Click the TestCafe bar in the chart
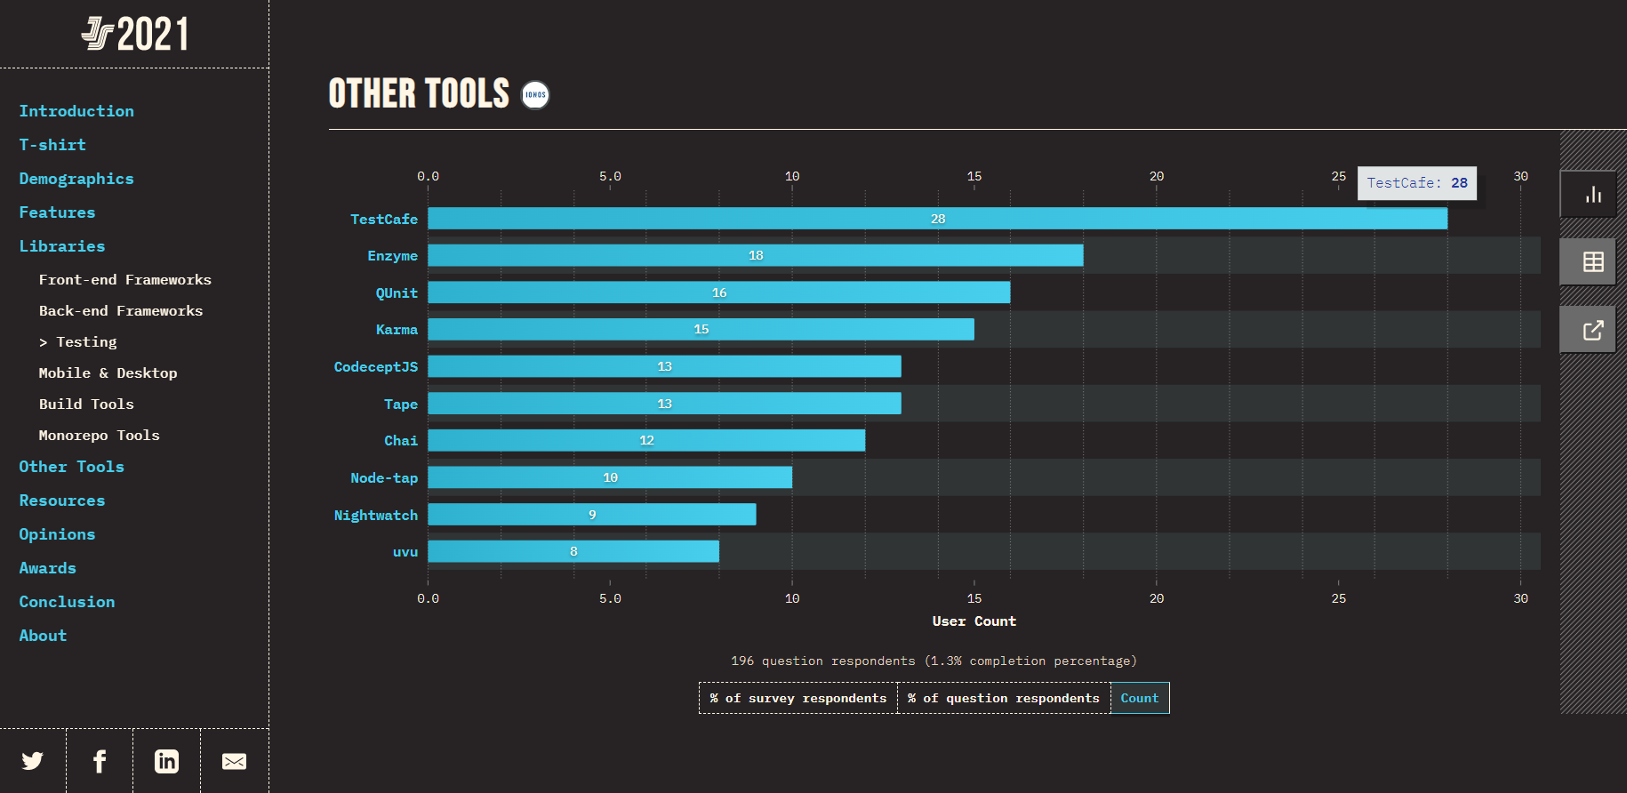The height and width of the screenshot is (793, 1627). point(937,219)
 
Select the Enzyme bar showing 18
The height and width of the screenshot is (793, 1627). point(755,255)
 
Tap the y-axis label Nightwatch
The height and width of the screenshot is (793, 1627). point(375,516)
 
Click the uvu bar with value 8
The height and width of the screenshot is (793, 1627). point(573,551)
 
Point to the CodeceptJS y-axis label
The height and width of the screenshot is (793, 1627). point(375,367)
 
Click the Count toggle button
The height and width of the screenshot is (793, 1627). point(1139,698)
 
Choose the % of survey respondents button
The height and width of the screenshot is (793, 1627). point(797,698)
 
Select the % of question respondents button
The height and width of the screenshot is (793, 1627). point(1003,698)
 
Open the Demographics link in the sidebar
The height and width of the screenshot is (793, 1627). point(76,179)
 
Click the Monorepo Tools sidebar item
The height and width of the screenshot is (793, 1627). point(99,436)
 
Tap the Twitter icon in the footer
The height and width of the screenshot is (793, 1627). point(33,761)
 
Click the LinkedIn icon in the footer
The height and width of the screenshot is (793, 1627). point(166,761)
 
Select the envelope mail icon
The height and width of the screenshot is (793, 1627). point(234,761)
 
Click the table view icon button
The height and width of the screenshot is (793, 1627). point(1592,262)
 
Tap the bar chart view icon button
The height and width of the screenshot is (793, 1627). point(1592,195)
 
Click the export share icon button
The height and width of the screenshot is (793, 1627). point(1592,330)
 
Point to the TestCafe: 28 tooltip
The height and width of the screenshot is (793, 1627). point(1416,183)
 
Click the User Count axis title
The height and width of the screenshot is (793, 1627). point(974,621)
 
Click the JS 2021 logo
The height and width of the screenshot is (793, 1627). point(135,35)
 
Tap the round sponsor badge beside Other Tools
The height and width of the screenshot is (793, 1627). point(535,95)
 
